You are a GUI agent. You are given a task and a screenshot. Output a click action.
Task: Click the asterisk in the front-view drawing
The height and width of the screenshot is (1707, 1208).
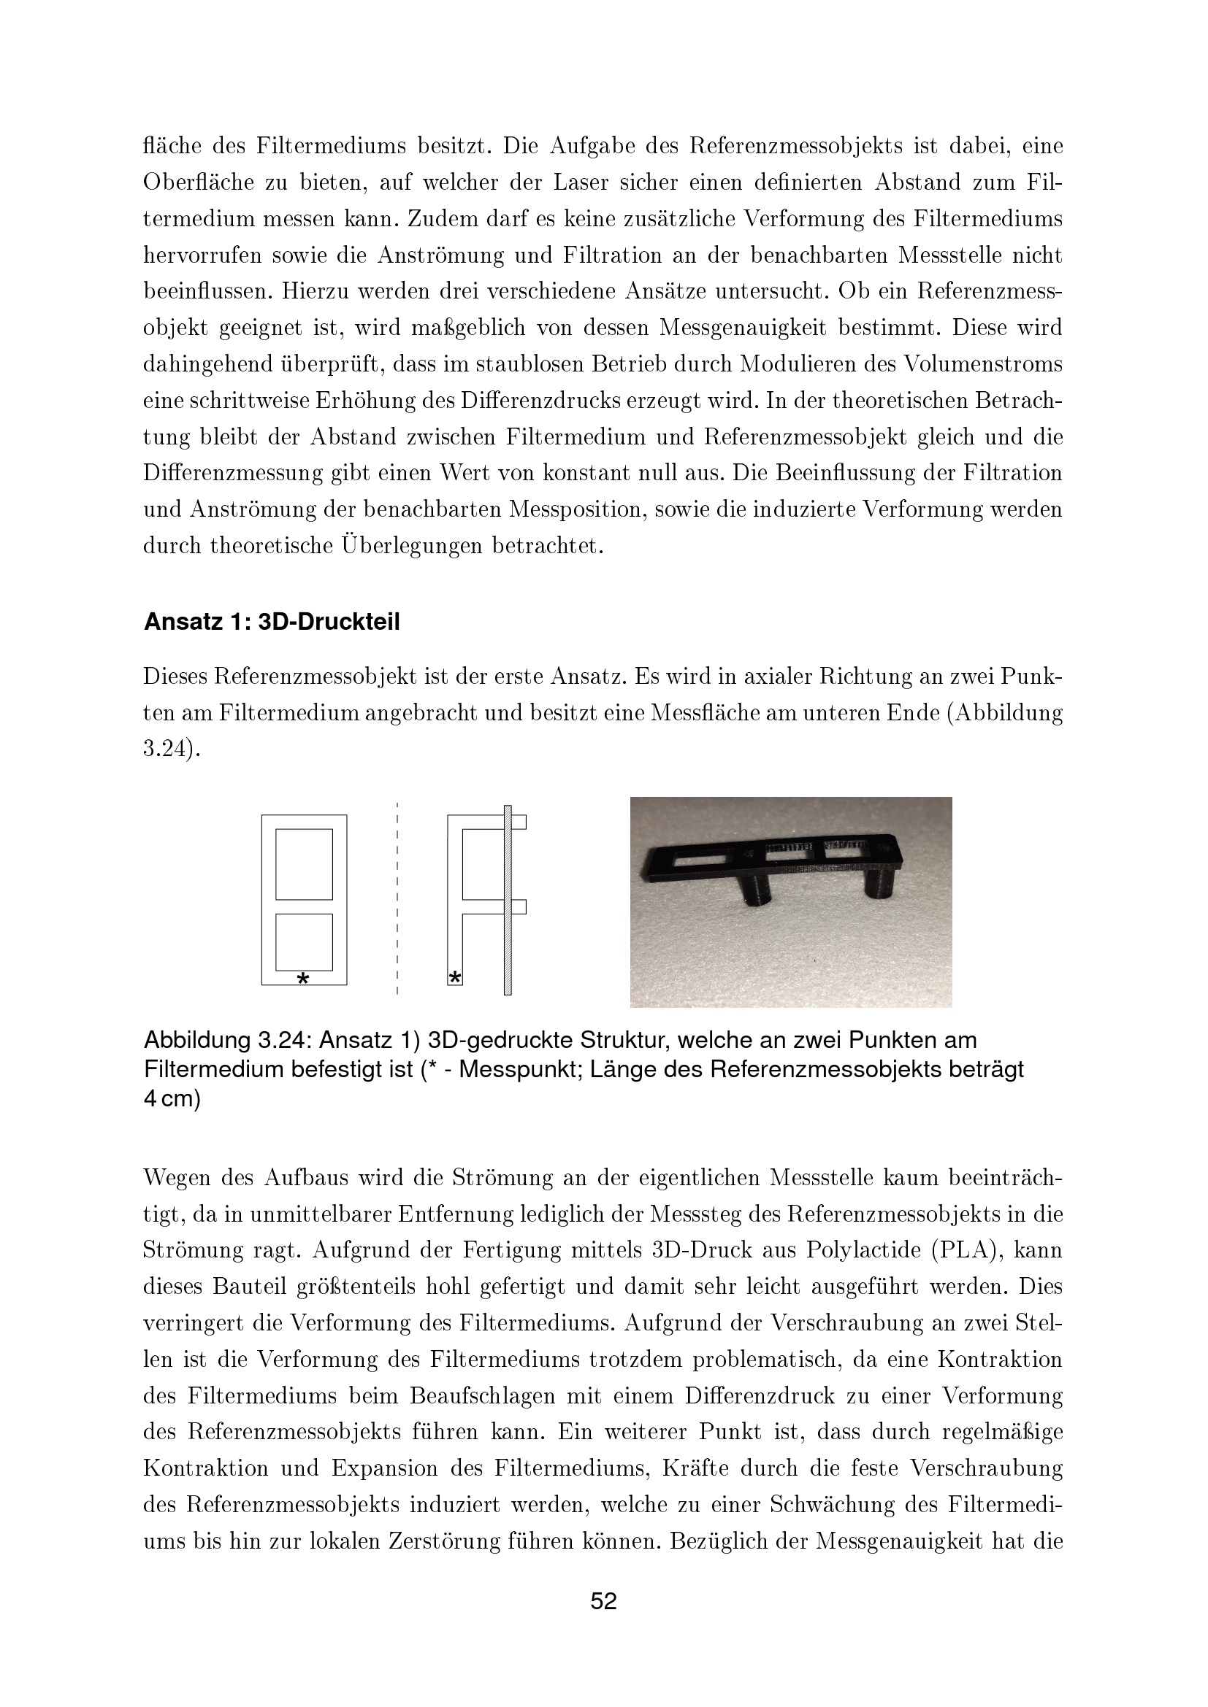coord(303,979)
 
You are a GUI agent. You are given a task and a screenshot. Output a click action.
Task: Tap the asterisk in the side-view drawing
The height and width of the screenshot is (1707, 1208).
coord(455,977)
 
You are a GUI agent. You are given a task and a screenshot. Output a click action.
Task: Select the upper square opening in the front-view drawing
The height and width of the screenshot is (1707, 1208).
coord(304,864)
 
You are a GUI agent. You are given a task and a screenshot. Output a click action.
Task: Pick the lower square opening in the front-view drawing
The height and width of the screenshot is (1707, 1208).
coord(304,941)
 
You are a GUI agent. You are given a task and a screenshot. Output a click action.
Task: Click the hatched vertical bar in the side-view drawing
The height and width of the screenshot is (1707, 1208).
coord(508,900)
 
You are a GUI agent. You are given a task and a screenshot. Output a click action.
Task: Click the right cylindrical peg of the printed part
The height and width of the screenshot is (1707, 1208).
coord(881,884)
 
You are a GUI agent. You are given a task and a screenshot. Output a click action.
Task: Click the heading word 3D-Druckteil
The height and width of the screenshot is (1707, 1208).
coord(329,623)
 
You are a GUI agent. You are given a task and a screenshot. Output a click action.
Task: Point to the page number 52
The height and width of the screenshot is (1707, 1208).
coord(603,1600)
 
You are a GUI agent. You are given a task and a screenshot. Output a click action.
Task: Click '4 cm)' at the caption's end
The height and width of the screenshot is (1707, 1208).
coord(172,1099)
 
